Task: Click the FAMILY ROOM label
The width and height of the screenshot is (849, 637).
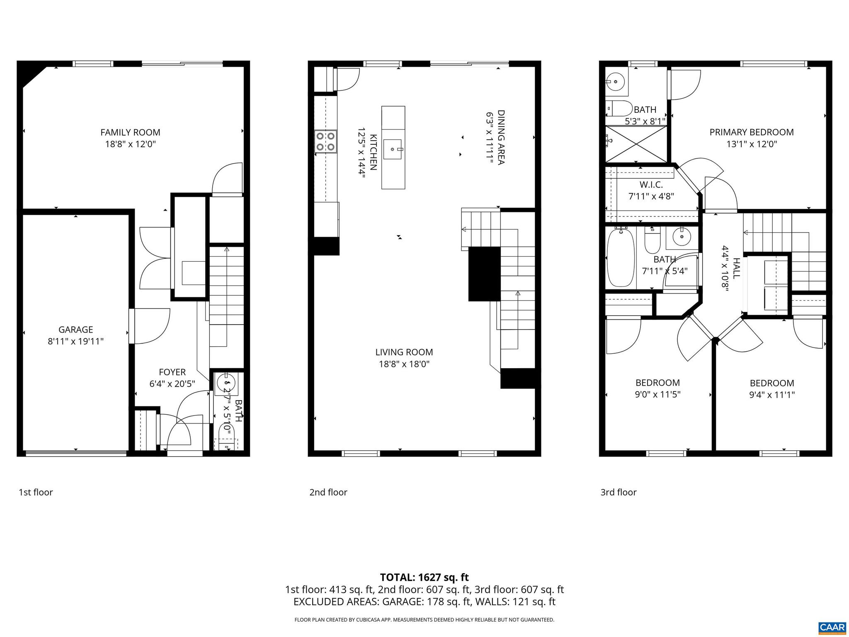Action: [130, 132]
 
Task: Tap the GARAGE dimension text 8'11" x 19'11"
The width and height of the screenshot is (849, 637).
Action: [75, 341]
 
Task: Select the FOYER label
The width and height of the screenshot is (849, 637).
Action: [172, 372]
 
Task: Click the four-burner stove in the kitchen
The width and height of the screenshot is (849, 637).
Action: [325, 141]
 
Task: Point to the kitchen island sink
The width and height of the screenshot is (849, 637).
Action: [392, 149]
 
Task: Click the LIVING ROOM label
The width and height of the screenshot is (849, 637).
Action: [404, 352]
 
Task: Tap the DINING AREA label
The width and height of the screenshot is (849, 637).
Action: [501, 137]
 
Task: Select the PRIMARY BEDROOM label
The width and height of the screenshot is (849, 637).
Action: [751, 132]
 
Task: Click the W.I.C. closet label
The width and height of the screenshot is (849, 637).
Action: [651, 184]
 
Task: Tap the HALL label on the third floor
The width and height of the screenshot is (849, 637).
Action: [736, 268]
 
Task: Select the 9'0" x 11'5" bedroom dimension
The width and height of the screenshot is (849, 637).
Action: [657, 394]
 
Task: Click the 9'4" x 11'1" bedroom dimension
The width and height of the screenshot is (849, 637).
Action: [771, 395]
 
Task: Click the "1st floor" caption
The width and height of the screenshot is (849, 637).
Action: [36, 492]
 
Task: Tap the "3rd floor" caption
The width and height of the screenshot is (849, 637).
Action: [618, 492]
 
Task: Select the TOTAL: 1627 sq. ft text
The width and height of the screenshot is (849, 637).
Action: [424, 577]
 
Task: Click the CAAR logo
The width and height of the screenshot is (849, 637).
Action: [832, 627]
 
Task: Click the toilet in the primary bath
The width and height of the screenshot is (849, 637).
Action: [620, 108]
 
